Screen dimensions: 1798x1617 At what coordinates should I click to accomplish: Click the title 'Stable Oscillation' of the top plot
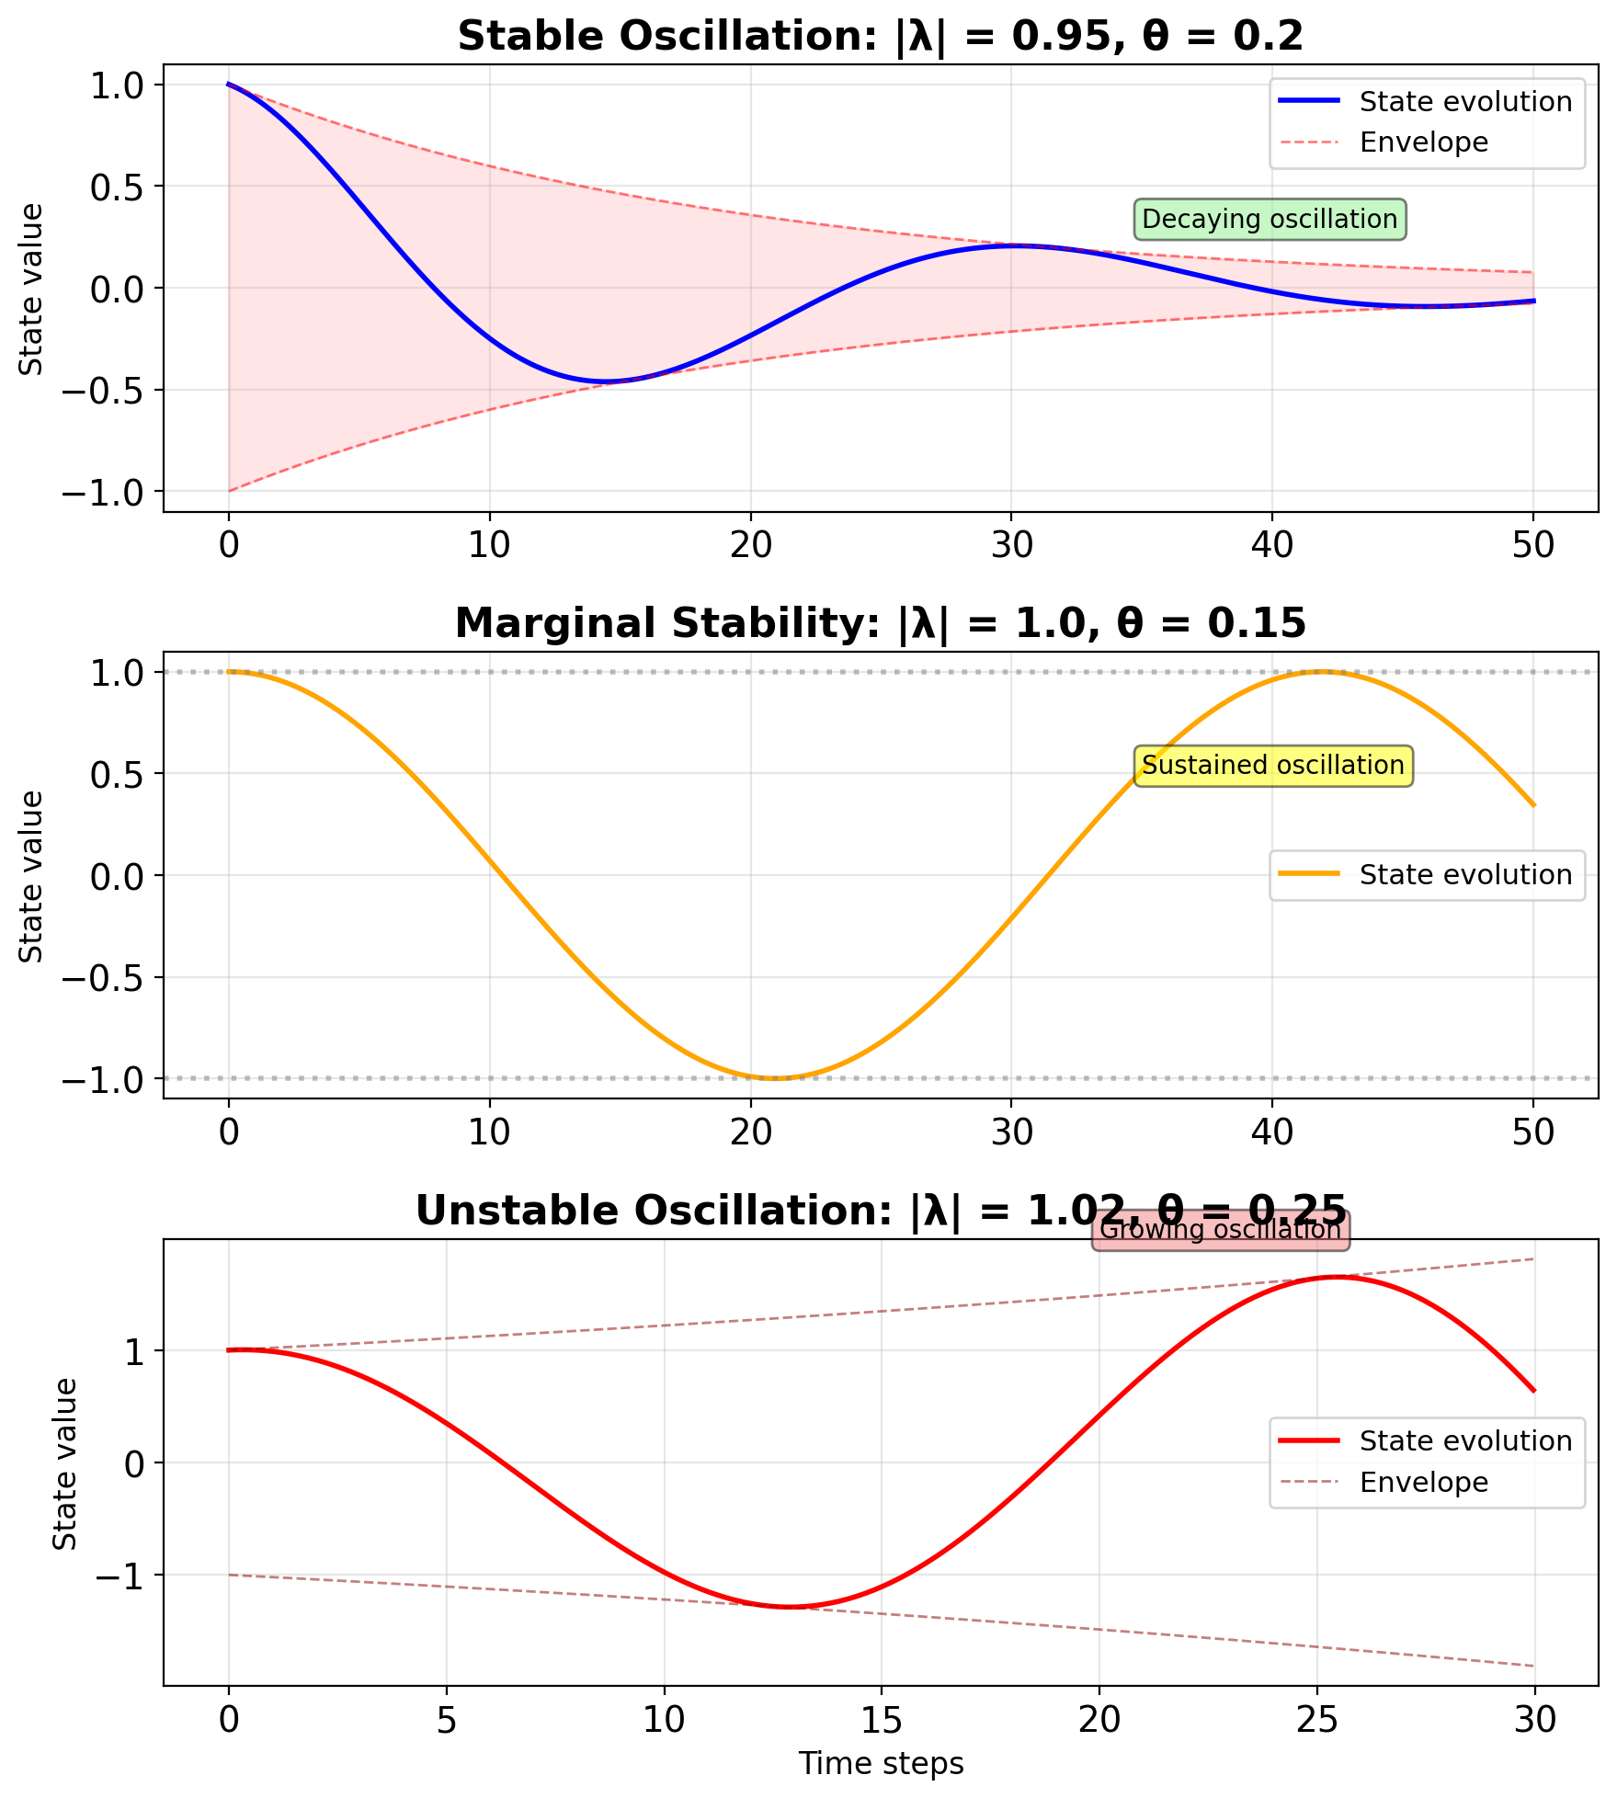pos(880,37)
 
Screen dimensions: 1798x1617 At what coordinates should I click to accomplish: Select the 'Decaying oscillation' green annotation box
pos(1270,220)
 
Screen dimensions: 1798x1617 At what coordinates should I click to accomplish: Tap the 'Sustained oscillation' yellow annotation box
pos(1273,766)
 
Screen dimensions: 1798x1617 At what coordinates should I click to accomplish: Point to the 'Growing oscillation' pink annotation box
pos(1220,1230)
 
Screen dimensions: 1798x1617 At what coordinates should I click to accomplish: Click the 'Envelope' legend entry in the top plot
pos(1423,142)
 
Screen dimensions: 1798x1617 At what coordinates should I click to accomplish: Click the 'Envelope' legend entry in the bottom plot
pos(1423,1482)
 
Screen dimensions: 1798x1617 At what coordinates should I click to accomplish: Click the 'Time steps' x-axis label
pos(881,1763)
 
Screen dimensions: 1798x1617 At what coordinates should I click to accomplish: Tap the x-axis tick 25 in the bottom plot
pos(1316,1718)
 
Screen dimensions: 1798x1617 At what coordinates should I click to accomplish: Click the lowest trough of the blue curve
pos(604,381)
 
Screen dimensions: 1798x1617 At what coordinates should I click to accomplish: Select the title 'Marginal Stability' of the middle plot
pos(880,623)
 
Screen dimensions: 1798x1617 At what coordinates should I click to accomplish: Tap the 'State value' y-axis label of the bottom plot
pos(64,1463)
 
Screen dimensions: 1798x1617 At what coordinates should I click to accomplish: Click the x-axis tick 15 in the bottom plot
pos(881,1718)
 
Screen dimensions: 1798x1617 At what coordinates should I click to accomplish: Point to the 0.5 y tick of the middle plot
pos(115,774)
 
